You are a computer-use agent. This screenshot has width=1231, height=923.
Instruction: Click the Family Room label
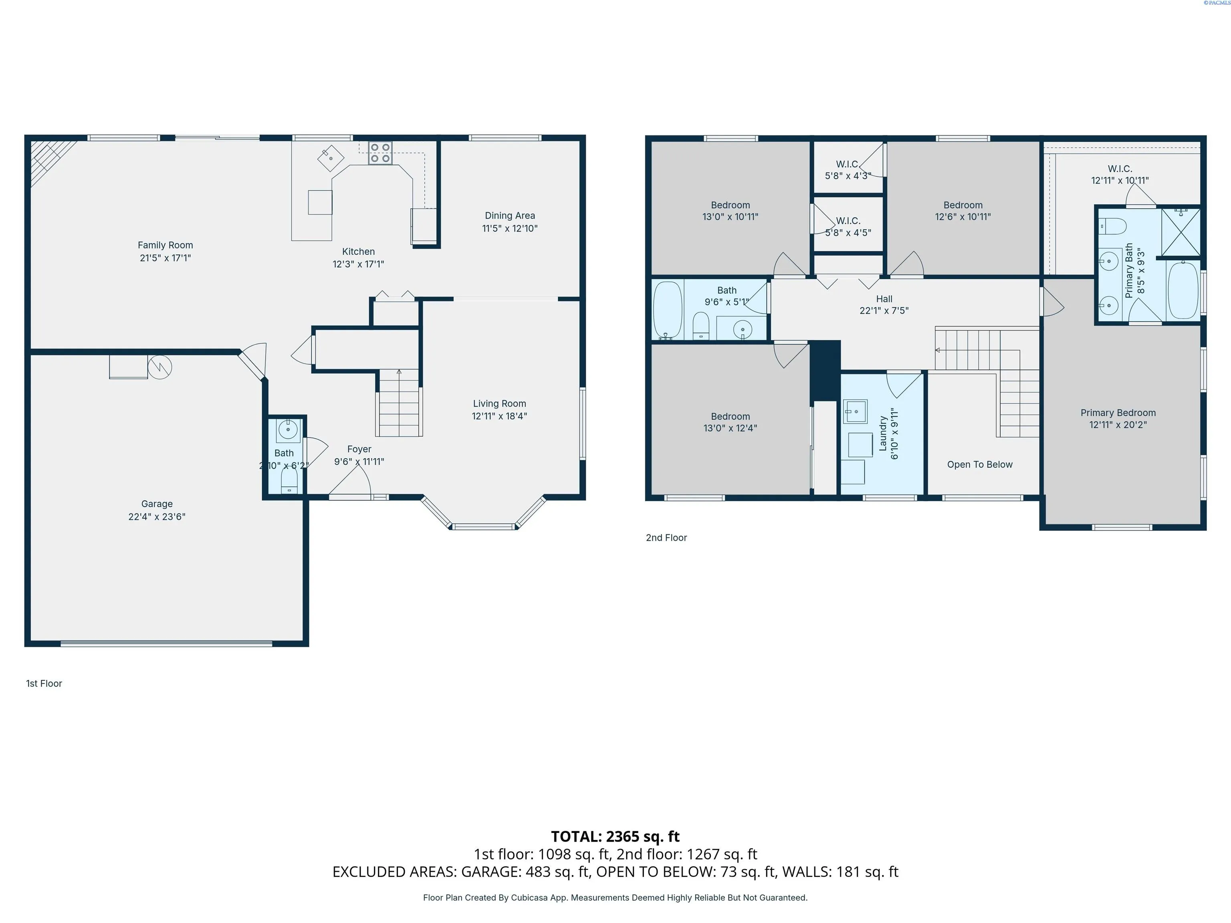165,245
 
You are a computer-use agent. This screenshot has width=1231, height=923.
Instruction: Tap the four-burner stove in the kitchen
380,153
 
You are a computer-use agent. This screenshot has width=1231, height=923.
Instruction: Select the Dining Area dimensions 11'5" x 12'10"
510,228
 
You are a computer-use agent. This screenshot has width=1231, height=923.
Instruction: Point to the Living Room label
499,403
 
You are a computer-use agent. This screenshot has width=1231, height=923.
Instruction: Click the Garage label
157,504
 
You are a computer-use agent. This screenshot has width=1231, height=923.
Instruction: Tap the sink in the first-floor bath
288,429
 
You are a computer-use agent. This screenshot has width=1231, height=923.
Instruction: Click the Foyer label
359,449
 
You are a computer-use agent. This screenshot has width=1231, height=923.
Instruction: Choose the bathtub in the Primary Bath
1183,290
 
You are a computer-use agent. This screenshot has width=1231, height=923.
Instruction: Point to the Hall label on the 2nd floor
884,299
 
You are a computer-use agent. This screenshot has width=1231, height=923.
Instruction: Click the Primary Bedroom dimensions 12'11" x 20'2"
1118,425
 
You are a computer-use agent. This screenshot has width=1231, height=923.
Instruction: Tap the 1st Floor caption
44,683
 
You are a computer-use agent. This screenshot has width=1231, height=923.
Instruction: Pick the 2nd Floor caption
666,538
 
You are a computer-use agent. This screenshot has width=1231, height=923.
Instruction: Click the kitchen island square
320,202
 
